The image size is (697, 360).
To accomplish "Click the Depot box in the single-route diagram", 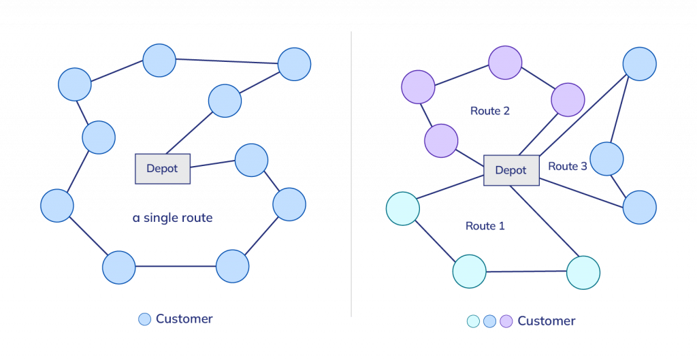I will point(163,169).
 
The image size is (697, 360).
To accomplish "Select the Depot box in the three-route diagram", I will point(511,170).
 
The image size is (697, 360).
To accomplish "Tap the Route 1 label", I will point(485,225).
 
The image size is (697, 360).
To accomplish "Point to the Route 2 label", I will point(490,110).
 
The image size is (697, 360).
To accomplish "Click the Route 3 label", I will point(567,166).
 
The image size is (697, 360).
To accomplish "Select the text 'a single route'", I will point(173,218).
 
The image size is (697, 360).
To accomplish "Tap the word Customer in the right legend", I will point(546,321).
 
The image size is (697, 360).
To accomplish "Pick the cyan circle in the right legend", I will point(474,321).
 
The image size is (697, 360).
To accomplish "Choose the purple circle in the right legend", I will point(506,321).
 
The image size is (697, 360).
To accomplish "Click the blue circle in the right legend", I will point(489,321).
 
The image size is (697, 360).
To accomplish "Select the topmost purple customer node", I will point(505,63).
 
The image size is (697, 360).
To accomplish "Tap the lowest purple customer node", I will point(440,141).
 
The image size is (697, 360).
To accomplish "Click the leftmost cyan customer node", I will point(402,209).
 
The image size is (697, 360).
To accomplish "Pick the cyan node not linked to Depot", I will point(470,272).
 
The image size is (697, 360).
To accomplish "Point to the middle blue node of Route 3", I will point(606,159).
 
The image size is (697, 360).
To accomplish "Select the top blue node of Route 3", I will point(640,63).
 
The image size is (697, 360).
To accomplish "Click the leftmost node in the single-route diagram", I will point(57,206).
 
